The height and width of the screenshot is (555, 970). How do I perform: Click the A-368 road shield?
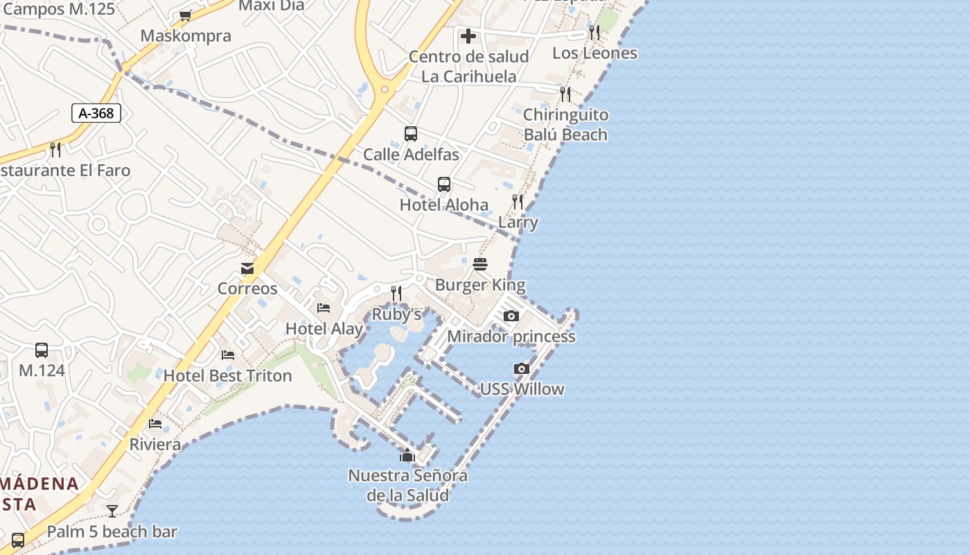pos(96,113)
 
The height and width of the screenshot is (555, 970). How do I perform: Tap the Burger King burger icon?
pos(480,264)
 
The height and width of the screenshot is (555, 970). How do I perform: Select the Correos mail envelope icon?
pos(247,268)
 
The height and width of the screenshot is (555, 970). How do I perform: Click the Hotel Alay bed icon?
pos(324,308)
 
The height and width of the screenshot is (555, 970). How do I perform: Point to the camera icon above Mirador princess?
pos(511,316)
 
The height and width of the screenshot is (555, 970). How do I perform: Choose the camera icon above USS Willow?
pos(522,369)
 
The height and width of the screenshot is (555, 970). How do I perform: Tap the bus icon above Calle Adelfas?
pos(411,134)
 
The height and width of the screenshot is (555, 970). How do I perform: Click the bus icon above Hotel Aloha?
pos(444,185)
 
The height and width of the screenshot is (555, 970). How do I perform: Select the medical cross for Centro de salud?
pos(468,36)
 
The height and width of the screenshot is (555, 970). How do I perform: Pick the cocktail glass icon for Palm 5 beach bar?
pos(112,511)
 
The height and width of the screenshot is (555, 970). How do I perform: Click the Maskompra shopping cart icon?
pos(185,16)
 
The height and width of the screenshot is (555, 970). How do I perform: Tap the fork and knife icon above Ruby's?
pos(396,293)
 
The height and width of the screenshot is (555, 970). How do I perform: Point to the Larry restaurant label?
pos(518,223)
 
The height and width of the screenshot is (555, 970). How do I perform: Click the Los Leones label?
pos(594,53)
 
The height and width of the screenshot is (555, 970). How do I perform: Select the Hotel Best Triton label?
pos(228,376)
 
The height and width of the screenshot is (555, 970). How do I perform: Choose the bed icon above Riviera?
pos(155,424)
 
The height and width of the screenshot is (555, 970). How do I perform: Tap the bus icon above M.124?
pos(42,350)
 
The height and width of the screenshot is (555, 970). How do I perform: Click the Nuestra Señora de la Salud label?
pos(407,486)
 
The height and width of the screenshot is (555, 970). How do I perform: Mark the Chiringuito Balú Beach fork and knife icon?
pos(565,94)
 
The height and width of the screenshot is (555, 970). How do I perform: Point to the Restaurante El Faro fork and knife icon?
pos(55,149)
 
